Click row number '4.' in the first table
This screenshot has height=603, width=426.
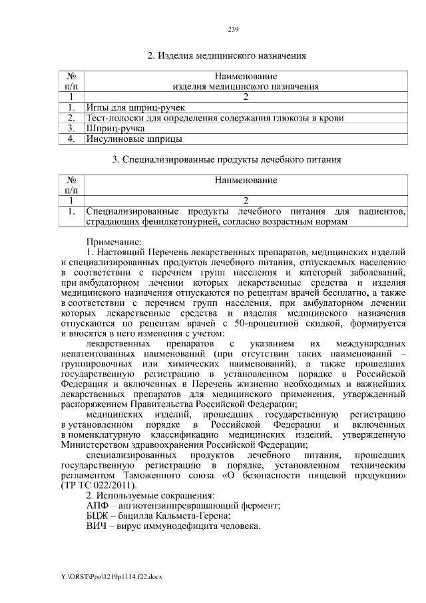point(71,139)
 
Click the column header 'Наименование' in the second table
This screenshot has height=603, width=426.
point(246,180)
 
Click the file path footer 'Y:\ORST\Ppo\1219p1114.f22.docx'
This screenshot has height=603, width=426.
point(111,574)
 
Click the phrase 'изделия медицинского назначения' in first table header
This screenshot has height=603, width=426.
point(246,86)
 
